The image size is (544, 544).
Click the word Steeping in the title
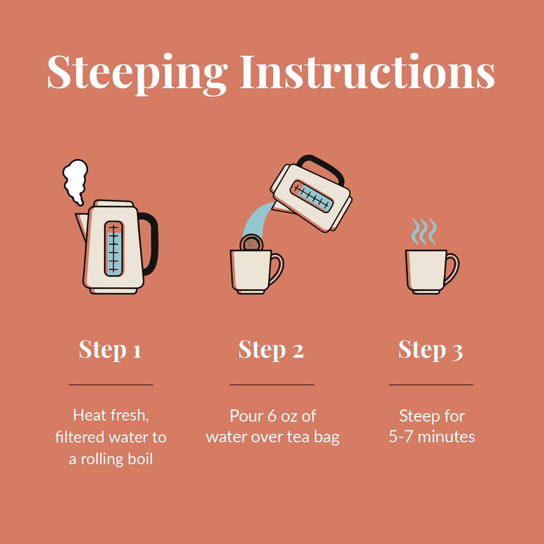pos(138,74)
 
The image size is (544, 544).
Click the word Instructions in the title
pos(367,71)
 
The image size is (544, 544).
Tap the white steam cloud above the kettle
pos(75,182)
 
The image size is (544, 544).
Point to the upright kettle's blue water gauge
pos(114,249)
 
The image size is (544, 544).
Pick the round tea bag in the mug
pos(251,243)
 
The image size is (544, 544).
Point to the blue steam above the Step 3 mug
pos(424,231)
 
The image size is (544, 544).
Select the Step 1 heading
pos(110,350)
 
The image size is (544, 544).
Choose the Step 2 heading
pos(271,350)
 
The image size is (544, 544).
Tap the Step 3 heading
pos(430,350)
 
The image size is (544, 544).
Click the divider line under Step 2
pos(271,385)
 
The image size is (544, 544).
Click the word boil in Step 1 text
pos(138,459)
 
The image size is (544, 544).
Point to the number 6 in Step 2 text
pos(271,416)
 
